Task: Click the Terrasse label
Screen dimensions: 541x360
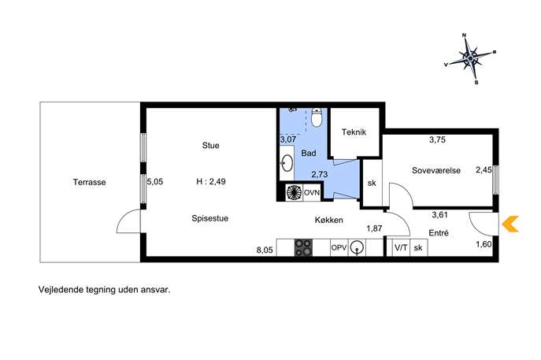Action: pyautogui.click(x=89, y=182)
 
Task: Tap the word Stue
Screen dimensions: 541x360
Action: pyautogui.click(x=210, y=145)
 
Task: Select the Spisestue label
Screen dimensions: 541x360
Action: pyautogui.click(x=209, y=218)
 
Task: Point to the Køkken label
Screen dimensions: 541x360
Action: pyautogui.click(x=329, y=220)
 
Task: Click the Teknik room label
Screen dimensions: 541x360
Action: pyautogui.click(x=354, y=132)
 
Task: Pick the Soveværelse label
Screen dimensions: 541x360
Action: pyautogui.click(x=436, y=170)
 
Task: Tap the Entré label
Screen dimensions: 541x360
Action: pyautogui.click(x=439, y=233)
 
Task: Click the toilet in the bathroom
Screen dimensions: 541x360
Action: pyautogui.click(x=317, y=117)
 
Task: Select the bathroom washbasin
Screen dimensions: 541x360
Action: pyautogui.click(x=287, y=162)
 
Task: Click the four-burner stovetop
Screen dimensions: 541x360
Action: pyautogui.click(x=303, y=248)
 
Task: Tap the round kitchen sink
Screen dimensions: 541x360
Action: pyautogui.click(x=357, y=247)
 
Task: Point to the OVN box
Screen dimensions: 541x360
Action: pyautogui.click(x=312, y=192)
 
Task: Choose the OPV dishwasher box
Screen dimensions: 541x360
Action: pyautogui.click(x=339, y=248)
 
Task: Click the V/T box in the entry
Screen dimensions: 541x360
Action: pyautogui.click(x=401, y=247)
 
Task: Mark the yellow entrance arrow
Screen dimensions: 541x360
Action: pyautogui.click(x=510, y=224)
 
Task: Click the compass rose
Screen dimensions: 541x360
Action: pyautogui.click(x=470, y=58)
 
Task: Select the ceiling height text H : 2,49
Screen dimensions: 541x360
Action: pyautogui.click(x=211, y=181)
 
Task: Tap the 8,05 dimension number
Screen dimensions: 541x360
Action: pyautogui.click(x=265, y=251)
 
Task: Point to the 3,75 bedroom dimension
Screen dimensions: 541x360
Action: pyautogui.click(x=437, y=139)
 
